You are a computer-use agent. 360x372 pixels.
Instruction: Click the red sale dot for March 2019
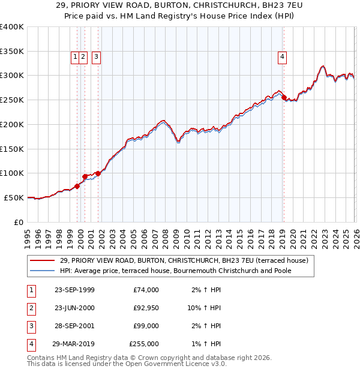(284, 97)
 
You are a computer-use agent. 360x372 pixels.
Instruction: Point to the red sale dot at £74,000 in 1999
(77, 186)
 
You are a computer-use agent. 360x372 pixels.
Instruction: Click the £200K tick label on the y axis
(12, 124)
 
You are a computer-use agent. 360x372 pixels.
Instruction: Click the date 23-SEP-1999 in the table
(74, 290)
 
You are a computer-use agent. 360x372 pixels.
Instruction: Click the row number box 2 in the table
(29, 308)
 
